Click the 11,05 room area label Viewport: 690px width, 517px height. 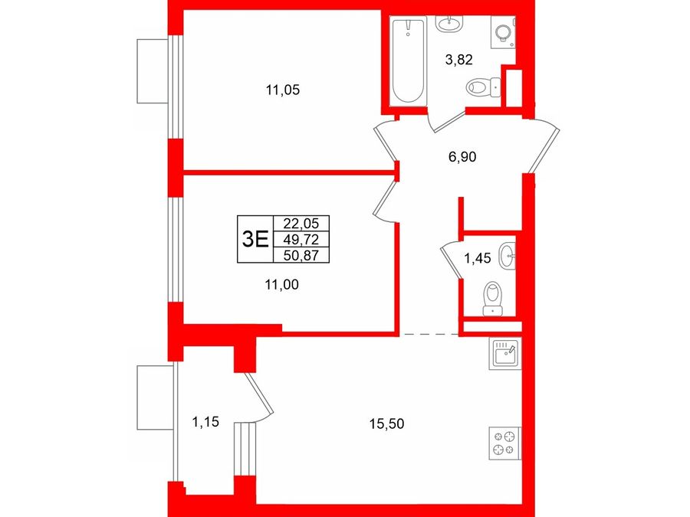282,90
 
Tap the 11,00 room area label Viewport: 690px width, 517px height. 281,285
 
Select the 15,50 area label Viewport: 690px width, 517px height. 387,424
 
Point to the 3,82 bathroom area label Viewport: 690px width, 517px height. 459,59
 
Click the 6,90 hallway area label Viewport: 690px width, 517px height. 462,156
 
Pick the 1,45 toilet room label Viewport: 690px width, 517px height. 478,258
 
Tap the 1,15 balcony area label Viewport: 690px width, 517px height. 205,422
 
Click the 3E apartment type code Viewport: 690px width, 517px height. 255,240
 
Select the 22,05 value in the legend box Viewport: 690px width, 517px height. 301,224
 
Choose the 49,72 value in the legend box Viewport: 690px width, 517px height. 301,240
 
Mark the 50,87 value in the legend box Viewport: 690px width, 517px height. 301,255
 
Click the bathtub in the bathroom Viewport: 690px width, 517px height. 409,61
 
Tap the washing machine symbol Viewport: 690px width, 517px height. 503,32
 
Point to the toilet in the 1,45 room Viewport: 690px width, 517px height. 493,299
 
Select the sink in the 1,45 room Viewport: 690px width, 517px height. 507,256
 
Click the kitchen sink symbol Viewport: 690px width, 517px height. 504,353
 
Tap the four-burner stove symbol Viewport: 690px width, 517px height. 504,443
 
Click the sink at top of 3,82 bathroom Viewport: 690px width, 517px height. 449,23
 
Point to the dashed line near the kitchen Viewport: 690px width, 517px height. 429,335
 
